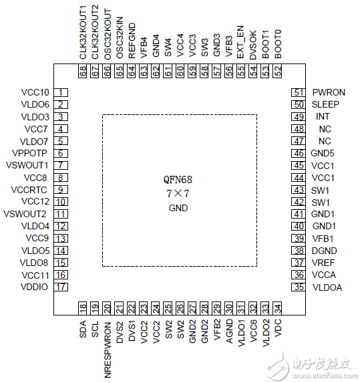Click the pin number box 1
pos(61,92)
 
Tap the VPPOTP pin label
pos(29,153)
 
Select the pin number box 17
pos(61,287)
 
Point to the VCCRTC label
pos(29,190)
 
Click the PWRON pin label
pos(329,92)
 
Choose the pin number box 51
pos(299,92)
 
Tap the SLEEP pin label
pos(325,104)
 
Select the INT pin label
pos(323,116)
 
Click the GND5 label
pos(322,153)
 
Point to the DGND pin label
pos(325,251)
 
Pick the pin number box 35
pos(299,287)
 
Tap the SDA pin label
pos(83,330)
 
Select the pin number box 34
pos(278,308)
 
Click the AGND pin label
pos(229,331)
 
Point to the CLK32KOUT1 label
pos(83,33)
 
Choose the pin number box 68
pos(83,71)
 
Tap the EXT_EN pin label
pos(240,42)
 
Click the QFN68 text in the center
pos(178,180)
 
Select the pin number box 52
pos(278,71)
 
